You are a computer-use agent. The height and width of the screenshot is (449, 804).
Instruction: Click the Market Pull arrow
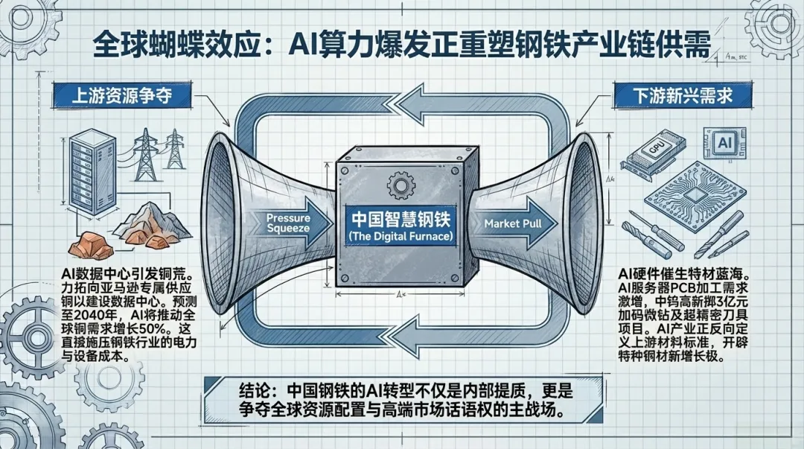513,223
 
